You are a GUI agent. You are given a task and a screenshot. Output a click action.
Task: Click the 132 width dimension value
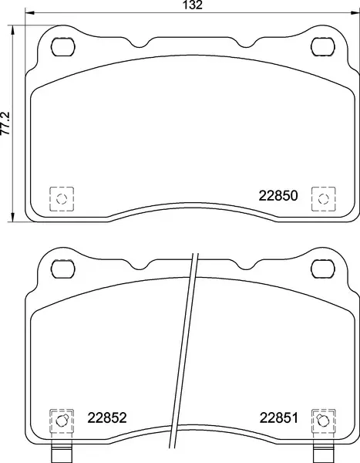click(193, 5)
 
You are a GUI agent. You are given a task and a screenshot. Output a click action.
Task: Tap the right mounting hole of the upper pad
click(321, 46)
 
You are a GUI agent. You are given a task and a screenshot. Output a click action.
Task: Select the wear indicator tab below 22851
click(322, 454)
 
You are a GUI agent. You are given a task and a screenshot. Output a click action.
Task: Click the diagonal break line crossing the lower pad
click(185, 347)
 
